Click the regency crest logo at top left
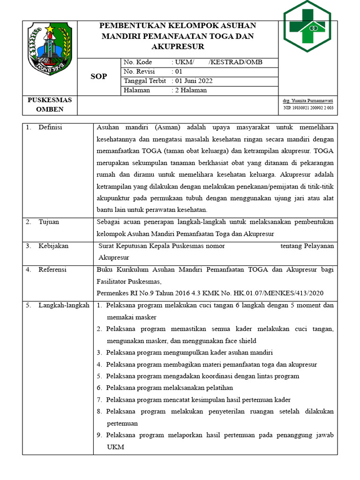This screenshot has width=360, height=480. [49, 48]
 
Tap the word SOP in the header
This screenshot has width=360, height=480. [98, 76]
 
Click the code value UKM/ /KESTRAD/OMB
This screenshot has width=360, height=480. [217, 62]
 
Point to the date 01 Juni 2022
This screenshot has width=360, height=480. [192, 81]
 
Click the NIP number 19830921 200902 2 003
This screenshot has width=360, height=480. [308, 108]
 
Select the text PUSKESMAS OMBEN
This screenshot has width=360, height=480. [50, 105]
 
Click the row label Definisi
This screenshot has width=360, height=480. [50, 127]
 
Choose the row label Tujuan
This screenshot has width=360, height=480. [49, 222]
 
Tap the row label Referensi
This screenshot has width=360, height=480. [52, 270]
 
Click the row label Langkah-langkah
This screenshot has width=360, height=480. [64, 306]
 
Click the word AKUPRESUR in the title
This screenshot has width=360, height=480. [178, 47]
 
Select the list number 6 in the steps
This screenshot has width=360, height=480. [99, 388]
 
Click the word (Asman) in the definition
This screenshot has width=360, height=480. [166, 127]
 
